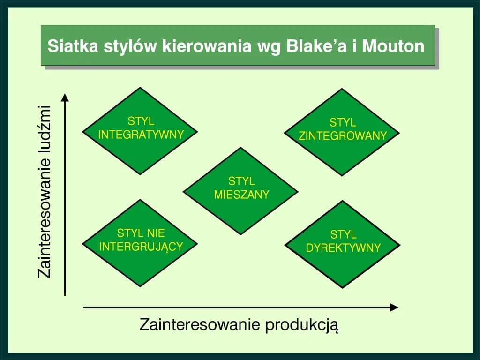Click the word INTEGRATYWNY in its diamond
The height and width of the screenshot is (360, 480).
141,135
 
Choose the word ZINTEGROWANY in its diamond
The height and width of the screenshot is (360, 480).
343,135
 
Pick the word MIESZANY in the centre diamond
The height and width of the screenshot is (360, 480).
241,194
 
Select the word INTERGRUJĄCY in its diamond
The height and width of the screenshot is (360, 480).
141,246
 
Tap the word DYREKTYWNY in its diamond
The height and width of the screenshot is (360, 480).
343,247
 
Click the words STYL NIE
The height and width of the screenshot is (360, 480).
141,233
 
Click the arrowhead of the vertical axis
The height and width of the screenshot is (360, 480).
65,97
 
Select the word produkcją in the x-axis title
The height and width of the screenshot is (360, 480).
302,325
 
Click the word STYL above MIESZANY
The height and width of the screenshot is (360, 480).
241,181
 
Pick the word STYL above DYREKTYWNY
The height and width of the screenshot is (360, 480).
343,234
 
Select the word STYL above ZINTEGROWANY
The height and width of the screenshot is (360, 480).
343,123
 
